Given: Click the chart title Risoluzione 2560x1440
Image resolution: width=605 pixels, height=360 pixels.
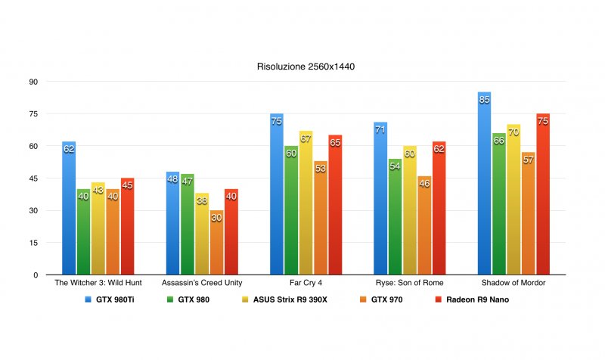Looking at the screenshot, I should pos(306,67).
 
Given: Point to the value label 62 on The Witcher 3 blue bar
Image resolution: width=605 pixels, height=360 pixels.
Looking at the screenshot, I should pos(69,149).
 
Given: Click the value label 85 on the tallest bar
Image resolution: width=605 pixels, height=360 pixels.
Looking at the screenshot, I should pos(484,100).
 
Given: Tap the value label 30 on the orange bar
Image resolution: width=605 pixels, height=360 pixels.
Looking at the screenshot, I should pos(217,218).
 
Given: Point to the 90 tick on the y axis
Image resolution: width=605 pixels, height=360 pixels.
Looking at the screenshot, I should pos(33,82).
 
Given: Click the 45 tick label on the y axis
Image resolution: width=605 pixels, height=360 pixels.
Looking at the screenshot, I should pos(33,178).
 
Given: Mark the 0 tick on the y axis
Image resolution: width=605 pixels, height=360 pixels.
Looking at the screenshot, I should pos(35,275).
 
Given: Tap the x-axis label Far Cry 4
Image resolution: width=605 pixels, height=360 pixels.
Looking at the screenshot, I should pos(306,283).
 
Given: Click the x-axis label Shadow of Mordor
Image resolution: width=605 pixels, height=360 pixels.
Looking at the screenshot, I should pos(513,283).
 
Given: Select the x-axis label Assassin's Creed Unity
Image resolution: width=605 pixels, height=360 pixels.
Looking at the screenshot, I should pos(202,283).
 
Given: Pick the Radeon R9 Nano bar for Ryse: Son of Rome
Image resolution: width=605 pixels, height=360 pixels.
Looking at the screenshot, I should pos(439,209).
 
